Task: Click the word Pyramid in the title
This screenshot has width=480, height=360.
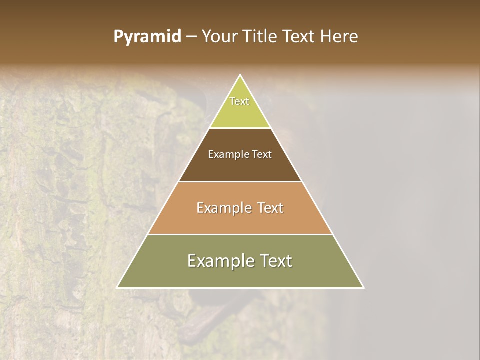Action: (x=147, y=37)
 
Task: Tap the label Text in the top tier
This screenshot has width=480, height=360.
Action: (x=239, y=101)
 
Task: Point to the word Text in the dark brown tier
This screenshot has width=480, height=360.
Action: (x=261, y=154)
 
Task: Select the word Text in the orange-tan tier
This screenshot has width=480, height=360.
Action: (x=268, y=208)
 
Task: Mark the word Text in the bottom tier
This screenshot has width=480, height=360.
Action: (x=274, y=261)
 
